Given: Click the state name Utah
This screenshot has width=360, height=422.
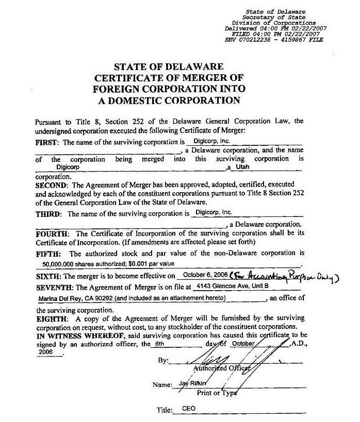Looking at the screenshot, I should click(x=242, y=167).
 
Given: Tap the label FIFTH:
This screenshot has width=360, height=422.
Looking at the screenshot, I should click(x=50, y=254).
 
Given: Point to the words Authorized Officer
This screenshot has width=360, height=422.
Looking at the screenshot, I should click(x=222, y=368).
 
